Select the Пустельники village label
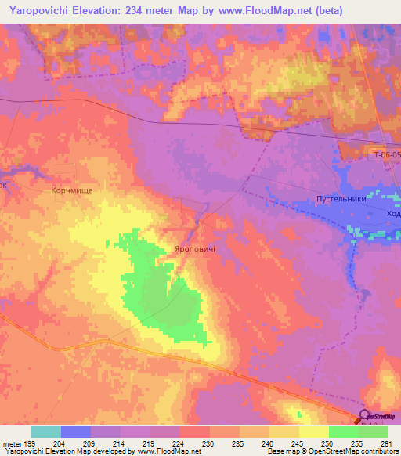point(341,200)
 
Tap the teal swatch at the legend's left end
point(46,432)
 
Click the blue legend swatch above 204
point(76,432)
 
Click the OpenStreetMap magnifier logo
point(366,418)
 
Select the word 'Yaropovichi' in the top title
point(43,11)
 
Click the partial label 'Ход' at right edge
point(393,213)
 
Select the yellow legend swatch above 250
point(314,432)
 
